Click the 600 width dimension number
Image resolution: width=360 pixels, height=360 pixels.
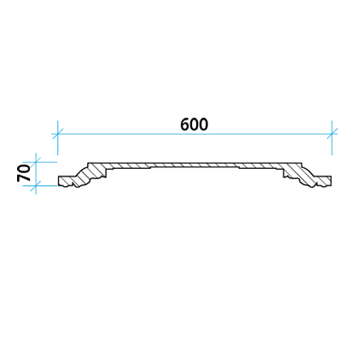pyautogui.click(x=195, y=125)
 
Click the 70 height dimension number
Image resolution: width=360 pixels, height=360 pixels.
pyautogui.click(x=24, y=173)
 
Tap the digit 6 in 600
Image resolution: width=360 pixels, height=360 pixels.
pyautogui.click(x=185, y=125)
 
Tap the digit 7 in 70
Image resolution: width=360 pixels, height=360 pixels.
pyautogui.click(x=24, y=177)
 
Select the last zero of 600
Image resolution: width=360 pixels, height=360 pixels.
pyautogui.click(x=204, y=125)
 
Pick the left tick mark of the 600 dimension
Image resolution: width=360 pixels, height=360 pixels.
pyautogui.click(x=57, y=134)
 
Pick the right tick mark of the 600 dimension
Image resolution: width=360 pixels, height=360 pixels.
pyautogui.click(x=332, y=134)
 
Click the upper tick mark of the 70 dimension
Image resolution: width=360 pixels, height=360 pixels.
pyautogui.click(x=36, y=162)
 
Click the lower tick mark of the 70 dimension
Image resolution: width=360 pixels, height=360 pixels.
pyautogui.click(x=36, y=186)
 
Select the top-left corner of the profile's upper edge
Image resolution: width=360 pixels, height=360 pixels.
pyautogui.click(x=88, y=163)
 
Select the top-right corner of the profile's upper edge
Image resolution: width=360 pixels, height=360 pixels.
pyautogui.click(x=301, y=163)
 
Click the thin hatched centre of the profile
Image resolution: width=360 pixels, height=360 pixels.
pyautogui.click(x=195, y=165)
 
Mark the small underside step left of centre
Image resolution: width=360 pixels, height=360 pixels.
pyautogui.click(x=150, y=167)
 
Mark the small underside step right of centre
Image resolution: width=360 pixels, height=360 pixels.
pyautogui.click(x=239, y=167)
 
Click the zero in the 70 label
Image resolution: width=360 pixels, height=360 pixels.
pyautogui.click(x=24, y=169)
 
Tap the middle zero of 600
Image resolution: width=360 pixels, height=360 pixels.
pyautogui.click(x=195, y=125)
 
